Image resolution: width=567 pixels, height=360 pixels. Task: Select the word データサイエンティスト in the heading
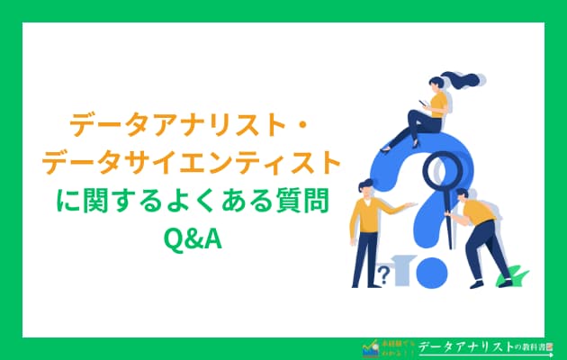tap(191, 163)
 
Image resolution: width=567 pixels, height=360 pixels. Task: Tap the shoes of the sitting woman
tap(388, 144)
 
